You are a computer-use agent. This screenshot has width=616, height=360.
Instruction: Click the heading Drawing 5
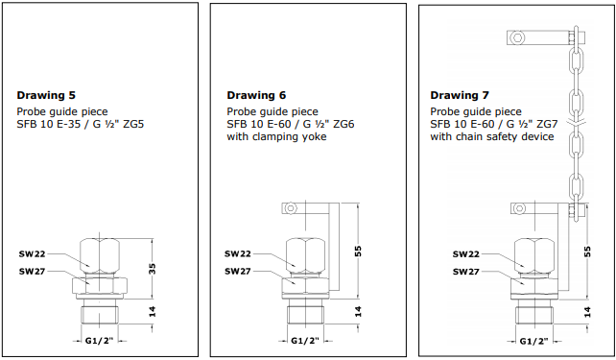pos(46,95)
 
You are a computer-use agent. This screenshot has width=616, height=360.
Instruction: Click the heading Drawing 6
pos(256,95)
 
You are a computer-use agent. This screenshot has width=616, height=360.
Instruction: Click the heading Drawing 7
pos(460,95)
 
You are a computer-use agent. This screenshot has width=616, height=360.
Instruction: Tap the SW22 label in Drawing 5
pos(32,254)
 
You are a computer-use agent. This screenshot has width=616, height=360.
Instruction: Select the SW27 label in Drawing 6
pos(237,272)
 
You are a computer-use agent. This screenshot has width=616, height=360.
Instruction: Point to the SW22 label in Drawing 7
pos(465,254)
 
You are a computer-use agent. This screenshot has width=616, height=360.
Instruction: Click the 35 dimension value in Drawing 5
pos(153,269)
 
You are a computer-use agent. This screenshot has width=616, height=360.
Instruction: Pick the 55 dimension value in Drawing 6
pos(358,252)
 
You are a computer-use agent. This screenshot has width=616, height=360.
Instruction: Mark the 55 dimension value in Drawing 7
pos(587,252)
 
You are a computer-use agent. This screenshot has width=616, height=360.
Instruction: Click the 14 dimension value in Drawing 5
pos(153,312)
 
